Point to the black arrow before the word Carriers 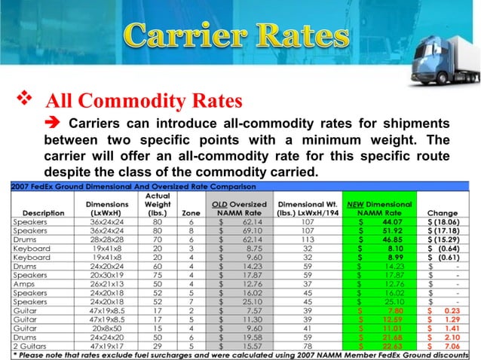[x=54, y=124]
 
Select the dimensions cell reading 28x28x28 [x=106, y=239]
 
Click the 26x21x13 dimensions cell [x=106, y=284]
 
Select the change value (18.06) [x=445, y=221]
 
